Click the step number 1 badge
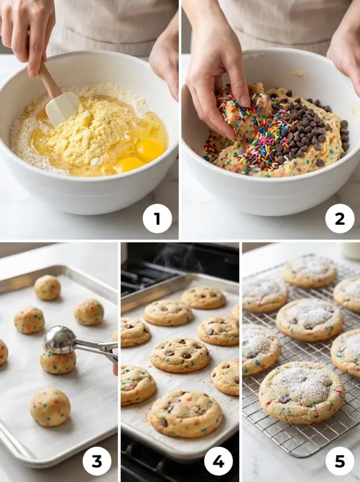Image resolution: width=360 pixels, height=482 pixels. point(157,218)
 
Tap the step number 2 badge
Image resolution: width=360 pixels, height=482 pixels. point(339,218)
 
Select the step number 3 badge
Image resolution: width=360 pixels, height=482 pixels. point(97,461)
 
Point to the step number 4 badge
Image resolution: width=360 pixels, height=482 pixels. point(218,461)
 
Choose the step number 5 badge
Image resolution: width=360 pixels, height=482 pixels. point(339,461)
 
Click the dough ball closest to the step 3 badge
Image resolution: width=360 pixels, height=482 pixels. point(50,406)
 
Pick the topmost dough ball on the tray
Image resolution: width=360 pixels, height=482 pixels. point(48,287)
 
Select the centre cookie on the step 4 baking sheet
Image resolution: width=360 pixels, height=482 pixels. point(180,354)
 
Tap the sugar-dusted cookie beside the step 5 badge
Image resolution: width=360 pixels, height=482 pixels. point(302,392)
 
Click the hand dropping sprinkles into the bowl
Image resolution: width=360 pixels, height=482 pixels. point(216,89)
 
